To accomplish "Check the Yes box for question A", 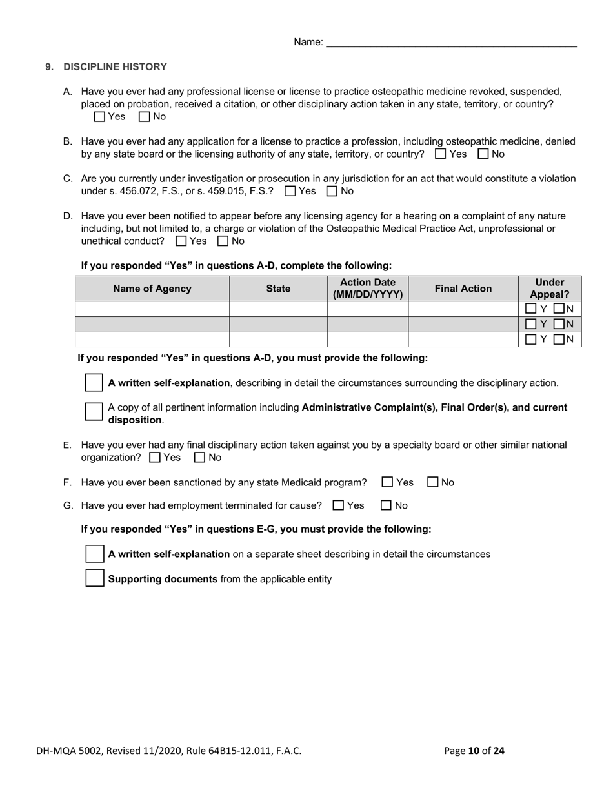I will click(99, 117).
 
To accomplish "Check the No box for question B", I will click(483, 154).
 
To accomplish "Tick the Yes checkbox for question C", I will click(290, 191).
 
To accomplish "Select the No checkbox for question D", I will click(223, 241).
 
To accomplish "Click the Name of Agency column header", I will click(152, 289).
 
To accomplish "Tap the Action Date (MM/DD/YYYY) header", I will click(368, 289).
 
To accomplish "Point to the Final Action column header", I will click(463, 289).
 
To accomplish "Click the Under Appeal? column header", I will click(549, 289).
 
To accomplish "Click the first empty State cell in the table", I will click(278, 309).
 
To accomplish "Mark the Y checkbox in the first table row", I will click(531, 309).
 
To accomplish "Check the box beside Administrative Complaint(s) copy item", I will click(94, 412).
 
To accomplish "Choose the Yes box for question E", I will click(155, 458).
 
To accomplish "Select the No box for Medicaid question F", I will click(433, 482).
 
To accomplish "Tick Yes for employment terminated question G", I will click(338, 505).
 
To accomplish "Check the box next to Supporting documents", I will click(95, 578).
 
